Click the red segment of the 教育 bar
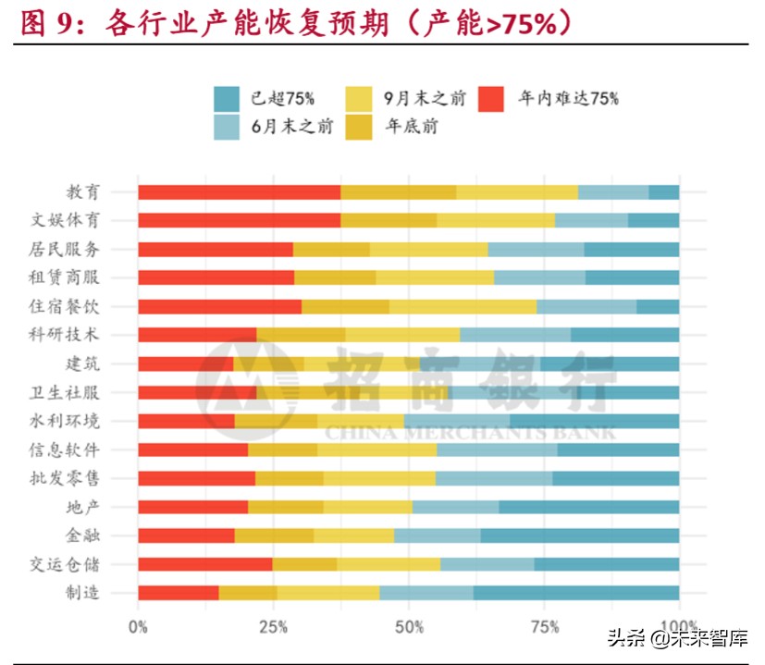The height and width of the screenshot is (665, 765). coord(239,192)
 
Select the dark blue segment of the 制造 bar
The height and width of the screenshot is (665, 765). coord(575,593)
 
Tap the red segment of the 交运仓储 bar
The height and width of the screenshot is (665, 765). coord(204,564)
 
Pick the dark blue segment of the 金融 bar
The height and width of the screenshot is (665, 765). coord(579,536)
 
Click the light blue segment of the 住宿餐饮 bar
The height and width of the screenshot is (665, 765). coord(586,307)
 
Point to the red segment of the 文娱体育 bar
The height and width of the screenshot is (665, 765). coord(239,221)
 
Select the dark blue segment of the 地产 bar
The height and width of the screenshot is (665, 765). coord(588,507)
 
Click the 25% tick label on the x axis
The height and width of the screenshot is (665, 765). coord(273,627)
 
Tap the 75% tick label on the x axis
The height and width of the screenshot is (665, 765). coord(544,627)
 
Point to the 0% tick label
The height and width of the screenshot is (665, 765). coord(138,627)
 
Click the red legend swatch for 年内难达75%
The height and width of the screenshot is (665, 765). coord(491,98)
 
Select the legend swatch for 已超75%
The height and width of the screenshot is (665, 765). coord(227,98)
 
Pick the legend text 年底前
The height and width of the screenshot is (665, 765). coord(412,127)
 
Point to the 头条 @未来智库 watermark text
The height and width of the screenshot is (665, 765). coord(677,637)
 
